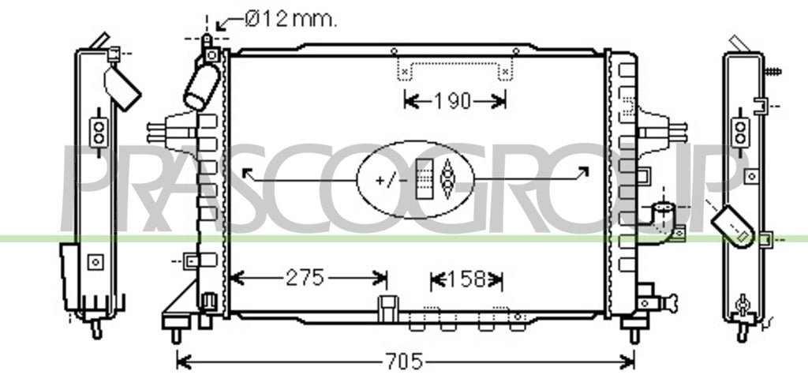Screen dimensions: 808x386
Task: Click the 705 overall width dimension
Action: tap(404, 362)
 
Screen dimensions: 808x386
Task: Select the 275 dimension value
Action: tap(305, 279)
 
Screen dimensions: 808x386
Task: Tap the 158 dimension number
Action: tap(466, 280)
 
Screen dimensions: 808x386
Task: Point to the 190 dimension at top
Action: tap(452, 101)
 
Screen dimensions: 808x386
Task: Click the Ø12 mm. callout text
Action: tap(290, 20)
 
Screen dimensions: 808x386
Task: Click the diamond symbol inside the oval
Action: tap(447, 178)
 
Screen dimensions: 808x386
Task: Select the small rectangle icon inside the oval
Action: tap(425, 178)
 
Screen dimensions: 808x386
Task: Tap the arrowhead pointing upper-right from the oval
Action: tap(583, 171)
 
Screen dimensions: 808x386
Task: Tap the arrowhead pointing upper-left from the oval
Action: tap(248, 172)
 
